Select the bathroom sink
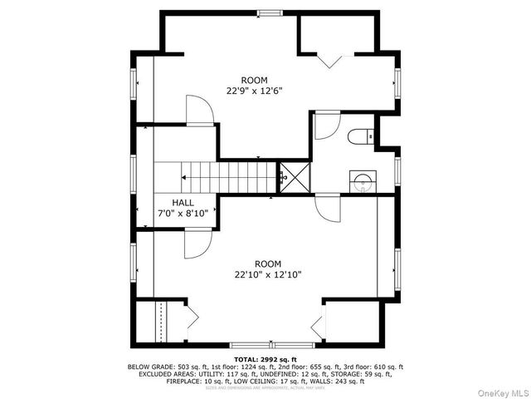[361, 179]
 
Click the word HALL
[183, 203]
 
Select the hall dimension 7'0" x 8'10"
[183, 214]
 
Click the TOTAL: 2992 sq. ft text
[265, 359]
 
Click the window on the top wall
[269, 12]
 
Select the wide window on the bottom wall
[271, 344]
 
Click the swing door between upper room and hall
[199, 111]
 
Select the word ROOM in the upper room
[255, 80]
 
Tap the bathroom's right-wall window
[397, 170]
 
